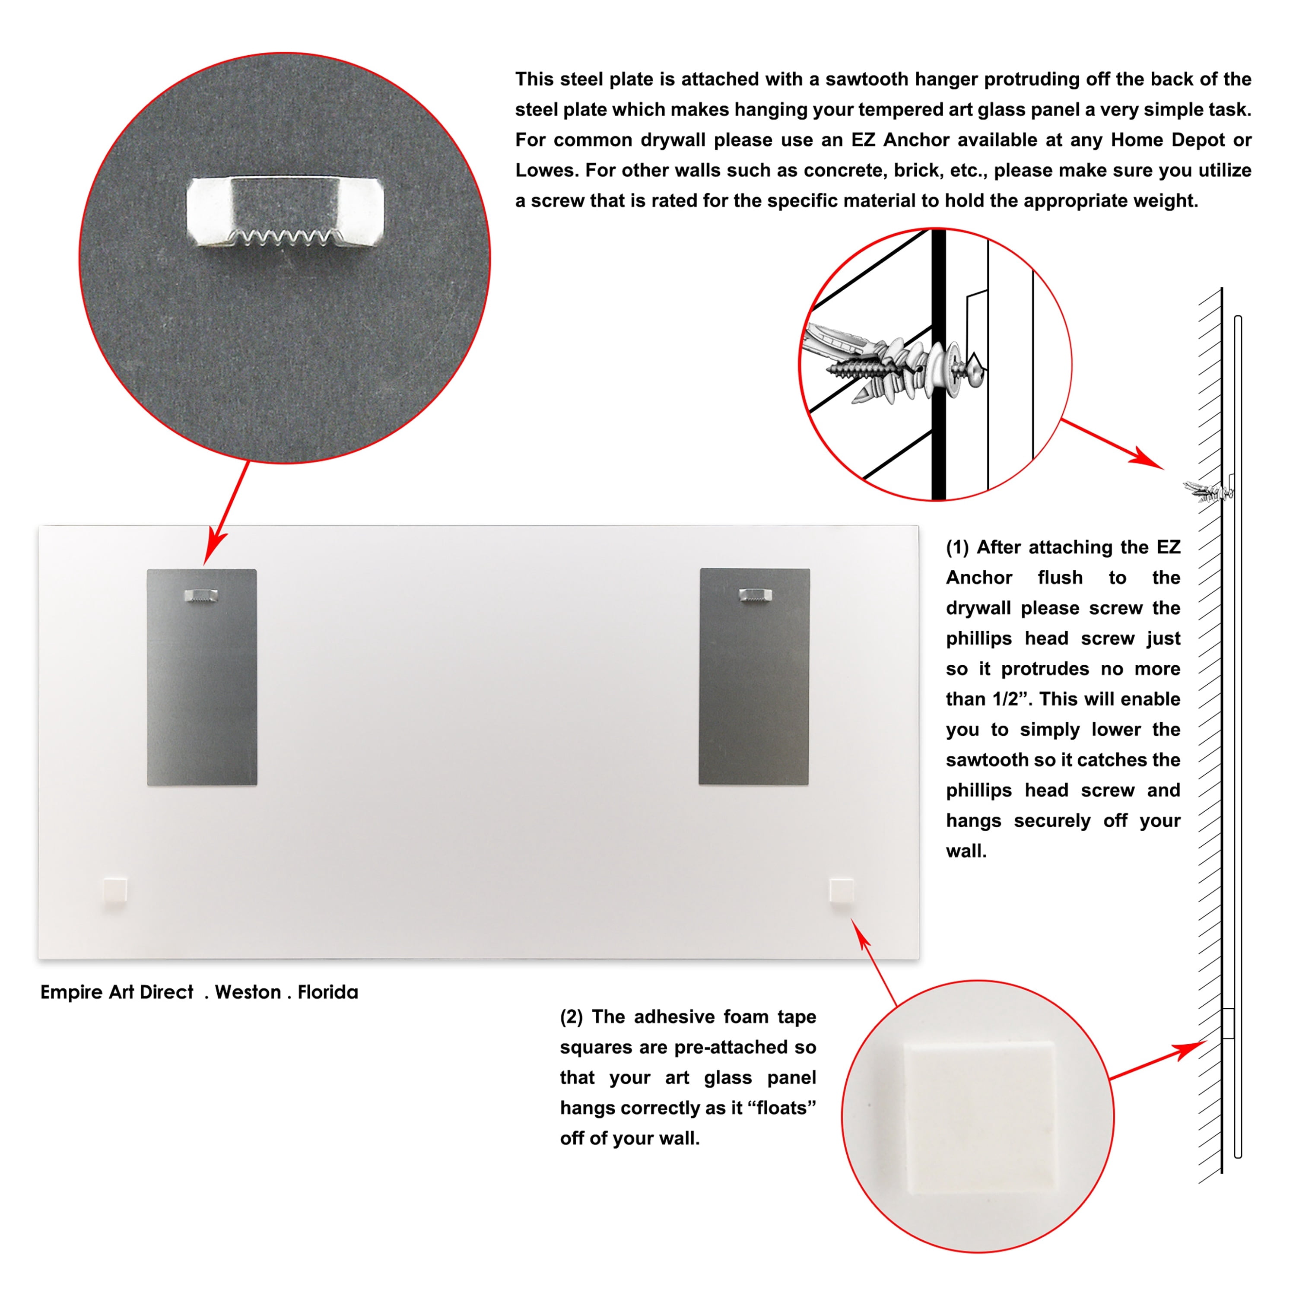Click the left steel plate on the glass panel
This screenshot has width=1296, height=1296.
pyautogui.click(x=202, y=677)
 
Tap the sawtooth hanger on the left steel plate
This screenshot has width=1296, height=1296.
pyautogui.click(x=200, y=595)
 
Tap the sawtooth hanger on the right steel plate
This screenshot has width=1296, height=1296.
pyautogui.click(x=755, y=594)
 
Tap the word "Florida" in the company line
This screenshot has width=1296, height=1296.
pyautogui.click(x=328, y=992)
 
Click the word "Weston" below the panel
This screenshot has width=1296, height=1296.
pyautogui.click(x=248, y=992)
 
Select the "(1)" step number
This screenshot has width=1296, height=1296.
pyautogui.click(x=957, y=547)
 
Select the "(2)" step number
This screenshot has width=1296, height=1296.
pyautogui.click(x=572, y=1017)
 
